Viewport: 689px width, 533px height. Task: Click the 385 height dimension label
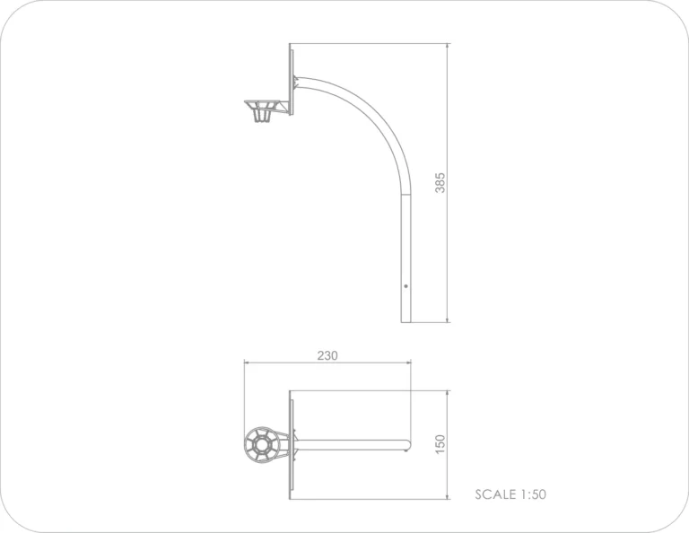coord(440,183)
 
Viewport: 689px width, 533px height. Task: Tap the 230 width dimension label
coord(327,355)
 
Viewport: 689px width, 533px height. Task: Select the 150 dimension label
coord(440,444)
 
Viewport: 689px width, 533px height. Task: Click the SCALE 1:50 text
coord(510,494)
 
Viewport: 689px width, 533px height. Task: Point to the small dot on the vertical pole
coord(406,286)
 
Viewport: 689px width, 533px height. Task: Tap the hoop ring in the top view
coord(261,445)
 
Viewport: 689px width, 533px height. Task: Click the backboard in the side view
coord(291,80)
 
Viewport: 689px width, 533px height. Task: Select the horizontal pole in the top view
coord(353,445)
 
